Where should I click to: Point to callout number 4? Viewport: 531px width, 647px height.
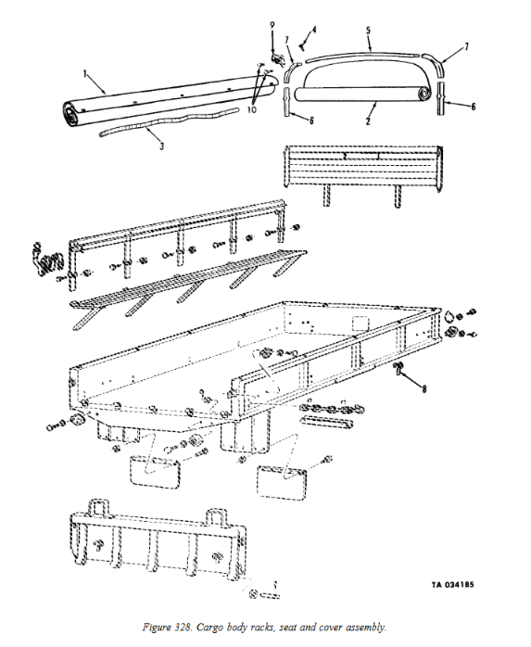tap(314, 30)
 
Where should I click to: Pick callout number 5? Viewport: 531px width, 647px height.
tap(367, 31)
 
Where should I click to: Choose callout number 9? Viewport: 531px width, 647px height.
tap(272, 23)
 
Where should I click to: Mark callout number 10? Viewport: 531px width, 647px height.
tap(251, 109)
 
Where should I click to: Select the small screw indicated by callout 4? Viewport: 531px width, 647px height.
tap(303, 40)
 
